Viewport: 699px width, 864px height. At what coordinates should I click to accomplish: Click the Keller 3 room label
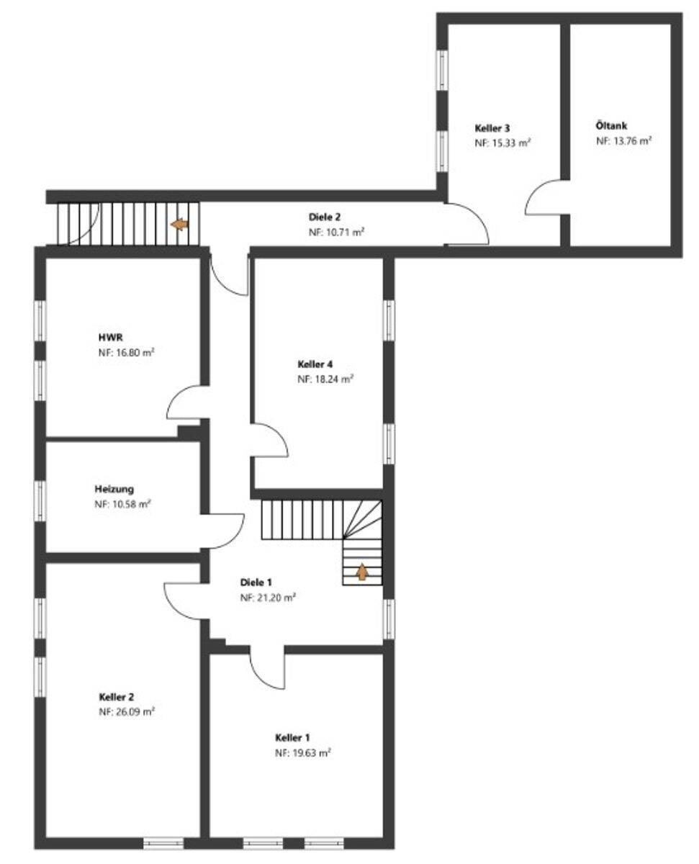click(492, 128)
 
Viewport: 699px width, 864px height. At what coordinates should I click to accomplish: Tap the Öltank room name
click(611, 126)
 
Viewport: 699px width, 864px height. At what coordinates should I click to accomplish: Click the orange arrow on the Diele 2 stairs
click(179, 225)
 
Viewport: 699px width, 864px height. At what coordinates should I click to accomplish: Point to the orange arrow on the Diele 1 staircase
click(362, 572)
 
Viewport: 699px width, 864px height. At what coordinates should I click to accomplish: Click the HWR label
click(111, 337)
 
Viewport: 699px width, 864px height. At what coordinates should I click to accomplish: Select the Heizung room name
click(114, 489)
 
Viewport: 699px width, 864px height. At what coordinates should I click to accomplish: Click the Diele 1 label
click(256, 582)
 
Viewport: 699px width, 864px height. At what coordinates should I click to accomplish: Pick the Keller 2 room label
click(117, 697)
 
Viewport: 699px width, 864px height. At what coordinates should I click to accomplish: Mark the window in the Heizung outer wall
click(40, 501)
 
